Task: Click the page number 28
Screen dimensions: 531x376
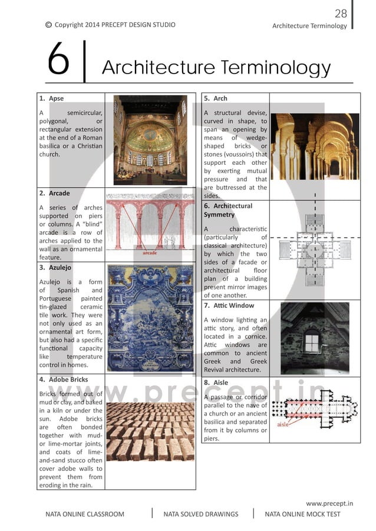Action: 341,14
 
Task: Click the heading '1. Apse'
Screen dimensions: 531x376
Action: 52,98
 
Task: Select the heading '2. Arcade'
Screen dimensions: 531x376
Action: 54,193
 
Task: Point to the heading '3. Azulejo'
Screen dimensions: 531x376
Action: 56,268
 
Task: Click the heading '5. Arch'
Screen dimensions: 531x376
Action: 216,98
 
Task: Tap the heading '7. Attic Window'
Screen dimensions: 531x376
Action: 229,306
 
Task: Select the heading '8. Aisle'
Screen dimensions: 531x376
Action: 216,383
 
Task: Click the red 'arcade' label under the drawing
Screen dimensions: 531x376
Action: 151,253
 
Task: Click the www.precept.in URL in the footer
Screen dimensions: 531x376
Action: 329,503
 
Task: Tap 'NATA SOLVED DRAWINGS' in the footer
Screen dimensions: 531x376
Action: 201,514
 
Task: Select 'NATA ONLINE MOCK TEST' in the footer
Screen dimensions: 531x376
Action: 302,514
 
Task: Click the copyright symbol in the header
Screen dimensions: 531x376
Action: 48,25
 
